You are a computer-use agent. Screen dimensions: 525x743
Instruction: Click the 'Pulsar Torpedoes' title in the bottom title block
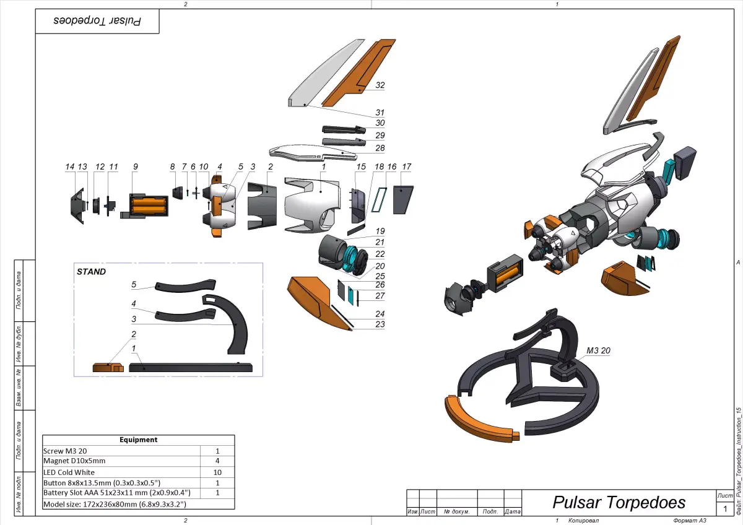click(x=619, y=501)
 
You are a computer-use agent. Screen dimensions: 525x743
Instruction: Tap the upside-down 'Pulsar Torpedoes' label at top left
click(x=97, y=20)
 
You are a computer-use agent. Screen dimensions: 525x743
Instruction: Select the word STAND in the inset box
click(x=91, y=271)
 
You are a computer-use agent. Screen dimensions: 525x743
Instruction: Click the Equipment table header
click(x=138, y=440)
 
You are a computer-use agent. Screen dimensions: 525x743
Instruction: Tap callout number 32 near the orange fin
click(x=380, y=85)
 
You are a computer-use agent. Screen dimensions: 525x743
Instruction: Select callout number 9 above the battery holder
click(x=135, y=167)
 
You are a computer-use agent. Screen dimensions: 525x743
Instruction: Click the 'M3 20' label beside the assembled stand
click(x=598, y=350)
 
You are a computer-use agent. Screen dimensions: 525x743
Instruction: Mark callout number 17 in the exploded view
click(x=406, y=167)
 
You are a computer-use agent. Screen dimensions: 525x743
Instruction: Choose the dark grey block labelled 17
click(x=403, y=199)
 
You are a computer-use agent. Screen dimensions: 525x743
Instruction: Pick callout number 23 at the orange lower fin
click(x=380, y=324)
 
